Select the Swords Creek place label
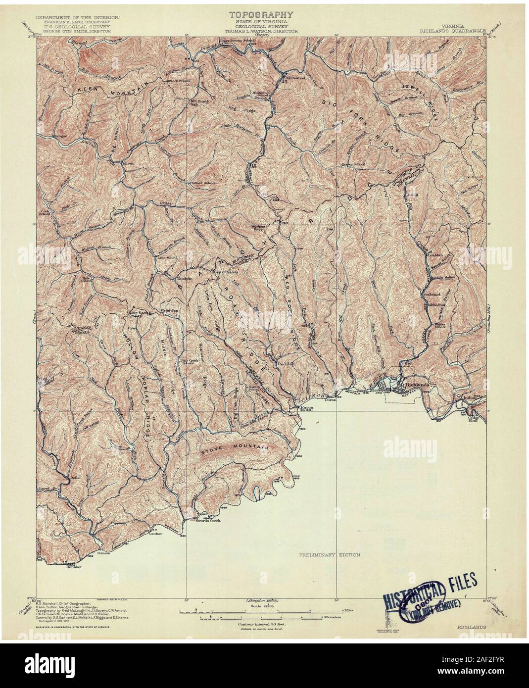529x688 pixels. [207, 521]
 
